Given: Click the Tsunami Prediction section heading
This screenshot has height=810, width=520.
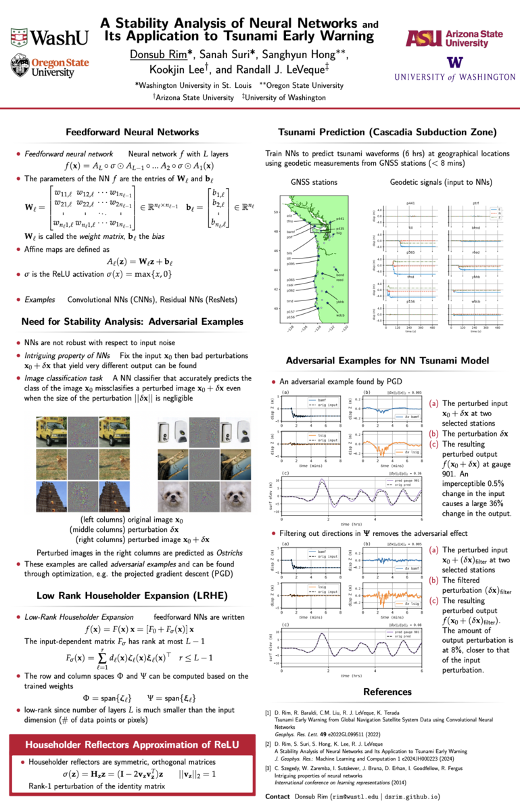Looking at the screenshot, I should (386, 132).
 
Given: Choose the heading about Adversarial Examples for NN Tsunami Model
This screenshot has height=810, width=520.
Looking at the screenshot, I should (386, 361).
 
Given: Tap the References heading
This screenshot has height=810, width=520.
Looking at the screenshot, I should (386, 692).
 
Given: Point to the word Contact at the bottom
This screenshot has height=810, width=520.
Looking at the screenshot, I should (278, 796).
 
